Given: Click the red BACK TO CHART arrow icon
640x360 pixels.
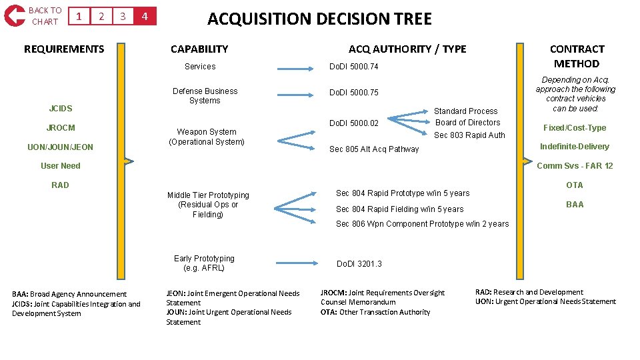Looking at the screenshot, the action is tap(14, 15).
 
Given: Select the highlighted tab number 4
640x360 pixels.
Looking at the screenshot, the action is tap(145, 16).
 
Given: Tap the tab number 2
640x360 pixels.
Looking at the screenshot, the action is tap(101, 16).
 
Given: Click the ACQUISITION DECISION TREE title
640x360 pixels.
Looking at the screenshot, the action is tap(319, 19).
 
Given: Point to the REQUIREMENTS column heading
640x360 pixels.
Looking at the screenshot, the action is tap(64, 49).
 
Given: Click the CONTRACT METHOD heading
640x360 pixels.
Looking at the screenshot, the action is tap(577, 56).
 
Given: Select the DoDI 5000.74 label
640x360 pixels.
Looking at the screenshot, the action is tap(354, 67).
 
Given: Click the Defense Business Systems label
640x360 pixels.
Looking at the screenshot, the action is tap(205, 95).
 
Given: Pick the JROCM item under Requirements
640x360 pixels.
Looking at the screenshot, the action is tap(61, 127).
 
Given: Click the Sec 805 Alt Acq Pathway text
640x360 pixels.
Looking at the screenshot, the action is tap(374, 149).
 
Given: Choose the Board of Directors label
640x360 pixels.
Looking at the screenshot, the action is tap(467, 123).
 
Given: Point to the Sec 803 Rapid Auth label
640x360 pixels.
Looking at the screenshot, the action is tap(469, 135).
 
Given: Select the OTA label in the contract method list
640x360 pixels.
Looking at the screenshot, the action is tap(574, 185).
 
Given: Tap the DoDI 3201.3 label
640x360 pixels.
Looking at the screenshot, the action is tap(359, 264).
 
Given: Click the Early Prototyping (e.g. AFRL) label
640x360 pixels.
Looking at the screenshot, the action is tap(204, 263).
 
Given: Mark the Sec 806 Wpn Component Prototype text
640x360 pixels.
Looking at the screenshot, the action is tap(422, 224).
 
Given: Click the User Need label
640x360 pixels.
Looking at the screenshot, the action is tap(60, 166).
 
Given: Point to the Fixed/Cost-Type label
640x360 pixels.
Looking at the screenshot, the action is tap(574, 128).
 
